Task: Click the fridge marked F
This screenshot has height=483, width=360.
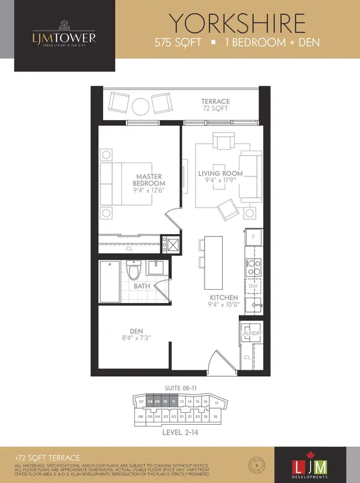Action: coord(253,238)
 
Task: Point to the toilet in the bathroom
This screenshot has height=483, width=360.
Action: coord(135,271)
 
